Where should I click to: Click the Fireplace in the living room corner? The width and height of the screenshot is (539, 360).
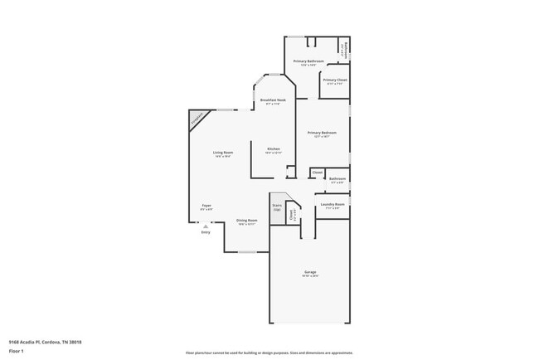coord(197,120)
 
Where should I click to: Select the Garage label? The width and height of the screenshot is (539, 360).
coord(309,272)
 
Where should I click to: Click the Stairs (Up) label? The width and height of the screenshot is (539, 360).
coord(277,207)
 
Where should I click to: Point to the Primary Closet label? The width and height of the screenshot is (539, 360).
coord(335,80)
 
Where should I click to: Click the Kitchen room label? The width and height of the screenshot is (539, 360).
coord(273,150)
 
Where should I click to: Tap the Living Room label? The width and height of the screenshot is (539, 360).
coord(222,153)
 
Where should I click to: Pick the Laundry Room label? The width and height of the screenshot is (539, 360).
coord(333,204)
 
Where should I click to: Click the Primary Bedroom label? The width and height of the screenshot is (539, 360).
coord(322,134)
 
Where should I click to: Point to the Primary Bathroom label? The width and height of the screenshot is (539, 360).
coord(309,61)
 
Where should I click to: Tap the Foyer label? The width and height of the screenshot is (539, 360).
coord(206,206)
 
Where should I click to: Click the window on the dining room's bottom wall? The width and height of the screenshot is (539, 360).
coord(246,251)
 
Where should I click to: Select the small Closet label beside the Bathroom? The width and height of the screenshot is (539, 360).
coord(317,173)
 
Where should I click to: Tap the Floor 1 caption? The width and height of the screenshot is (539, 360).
coord(17,351)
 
